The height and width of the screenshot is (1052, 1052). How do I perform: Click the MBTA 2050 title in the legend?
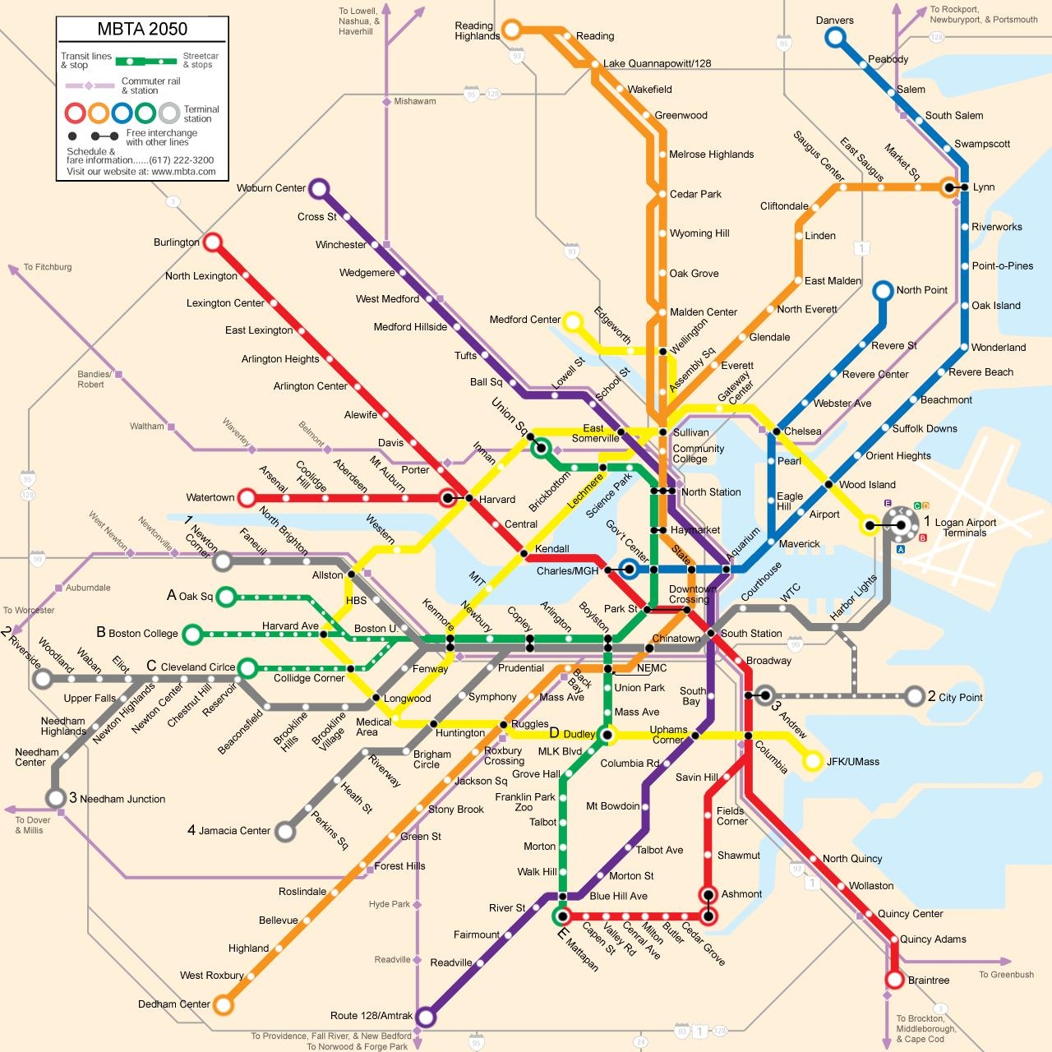pos(142,29)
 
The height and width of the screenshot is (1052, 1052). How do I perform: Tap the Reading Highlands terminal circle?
pos(511,31)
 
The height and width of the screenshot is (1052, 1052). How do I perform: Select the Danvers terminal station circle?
pos(835,37)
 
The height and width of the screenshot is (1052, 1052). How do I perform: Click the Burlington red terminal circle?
pos(213,242)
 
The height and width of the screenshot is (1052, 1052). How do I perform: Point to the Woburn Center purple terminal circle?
pos(319,189)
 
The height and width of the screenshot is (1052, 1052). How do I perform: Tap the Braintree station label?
pos(929,980)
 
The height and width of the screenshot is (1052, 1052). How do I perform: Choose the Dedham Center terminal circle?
pos(223,1004)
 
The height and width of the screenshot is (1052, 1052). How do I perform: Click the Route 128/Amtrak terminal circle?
pos(425,1017)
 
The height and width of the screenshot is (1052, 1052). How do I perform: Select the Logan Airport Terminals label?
pos(965,528)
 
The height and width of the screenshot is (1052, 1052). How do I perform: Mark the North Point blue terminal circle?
pos(883,290)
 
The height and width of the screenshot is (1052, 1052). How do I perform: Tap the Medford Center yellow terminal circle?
pos(573,321)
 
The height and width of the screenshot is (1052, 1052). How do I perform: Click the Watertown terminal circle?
pos(247,497)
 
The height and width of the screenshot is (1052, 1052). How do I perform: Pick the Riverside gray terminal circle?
pos(42,680)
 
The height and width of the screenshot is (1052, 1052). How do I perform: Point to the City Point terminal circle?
pos(915,697)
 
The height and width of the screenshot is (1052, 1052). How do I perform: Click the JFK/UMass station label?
pos(853,762)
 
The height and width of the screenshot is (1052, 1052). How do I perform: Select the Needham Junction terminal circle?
pos(55,798)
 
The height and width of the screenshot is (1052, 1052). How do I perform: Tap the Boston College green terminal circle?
pos(192,634)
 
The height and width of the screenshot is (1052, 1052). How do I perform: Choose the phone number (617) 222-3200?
pos(181,160)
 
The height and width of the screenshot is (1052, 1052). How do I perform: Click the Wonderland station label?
pos(999,348)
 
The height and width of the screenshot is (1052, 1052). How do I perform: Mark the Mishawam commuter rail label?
pos(414,102)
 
